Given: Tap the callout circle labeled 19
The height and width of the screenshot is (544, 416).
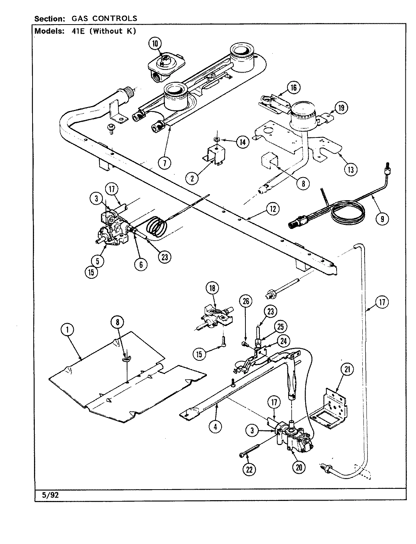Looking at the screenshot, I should click(341, 108).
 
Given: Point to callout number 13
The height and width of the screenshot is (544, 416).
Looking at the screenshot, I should click(351, 170).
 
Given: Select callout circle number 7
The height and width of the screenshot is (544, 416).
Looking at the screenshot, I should click(165, 163).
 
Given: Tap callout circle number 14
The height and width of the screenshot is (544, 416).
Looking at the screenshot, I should click(242, 142).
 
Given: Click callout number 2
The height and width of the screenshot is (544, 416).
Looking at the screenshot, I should click(192, 178).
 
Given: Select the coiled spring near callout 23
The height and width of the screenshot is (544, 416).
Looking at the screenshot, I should click(156, 227).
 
